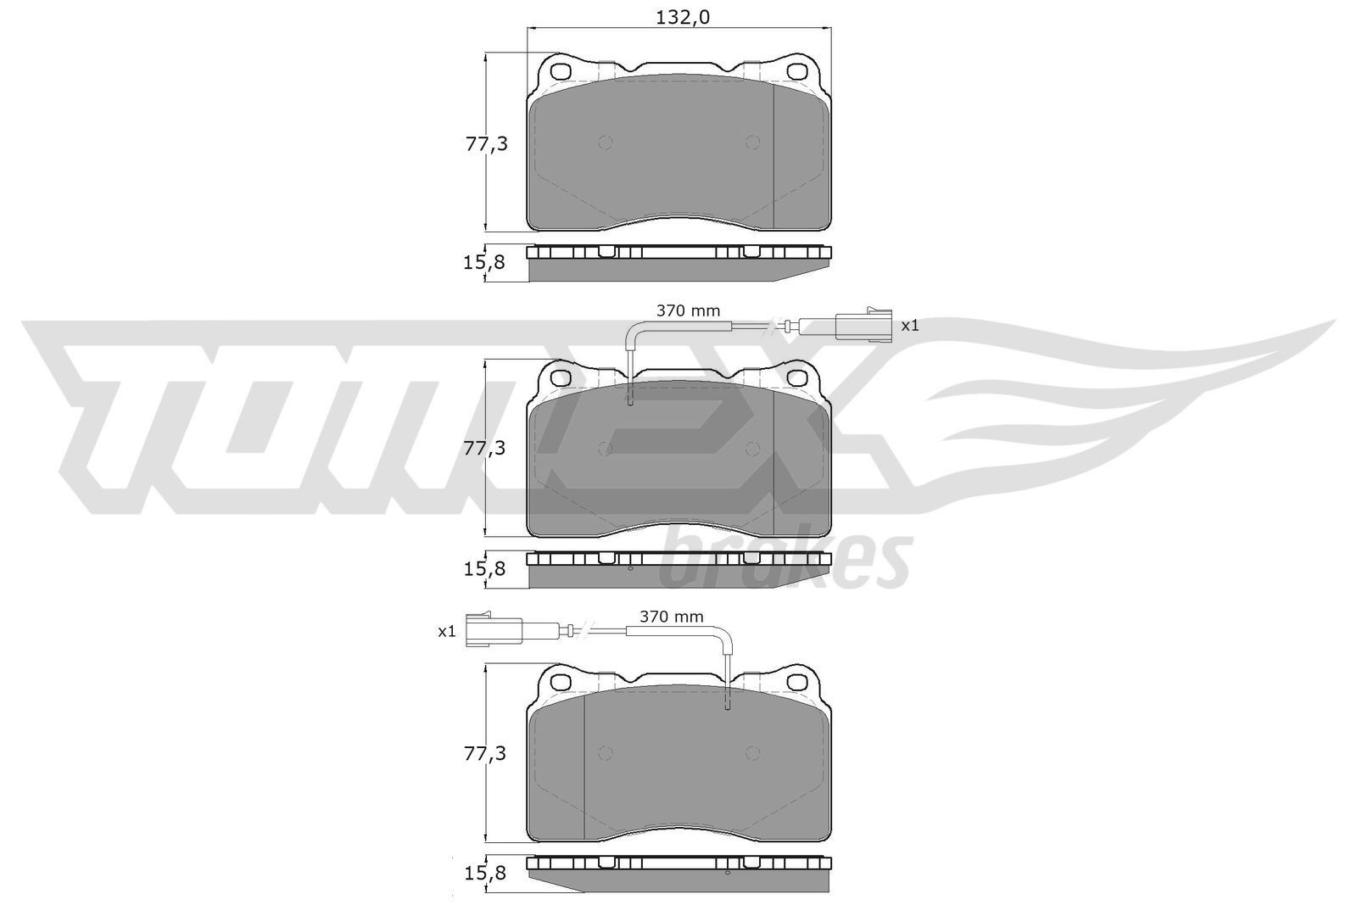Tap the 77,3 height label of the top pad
pyautogui.click(x=486, y=144)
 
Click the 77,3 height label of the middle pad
pyautogui.click(x=486, y=449)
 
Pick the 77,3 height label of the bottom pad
pyautogui.click(x=486, y=753)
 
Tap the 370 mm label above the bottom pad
pyautogui.click(x=671, y=617)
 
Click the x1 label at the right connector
pyautogui.click(x=910, y=325)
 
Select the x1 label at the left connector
pyautogui.click(x=447, y=631)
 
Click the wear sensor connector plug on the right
pyautogui.click(x=863, y=325)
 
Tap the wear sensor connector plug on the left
pyautogui.click(x=493, y=630)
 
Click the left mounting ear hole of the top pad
pyautogui.click(x=560, y=70)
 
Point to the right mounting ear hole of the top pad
pyautogui.click(x=798, y=70)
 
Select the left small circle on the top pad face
pyautogui.click(x=606, y=142)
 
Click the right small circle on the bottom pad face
pyautogui.click(x=752, y=753)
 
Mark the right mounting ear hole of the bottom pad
pyautogui.click(x=798, y=680)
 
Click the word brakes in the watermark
pyautogui.click(x=785, y=559)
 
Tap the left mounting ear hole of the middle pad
pyautogui.click(x=560, y=376)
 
